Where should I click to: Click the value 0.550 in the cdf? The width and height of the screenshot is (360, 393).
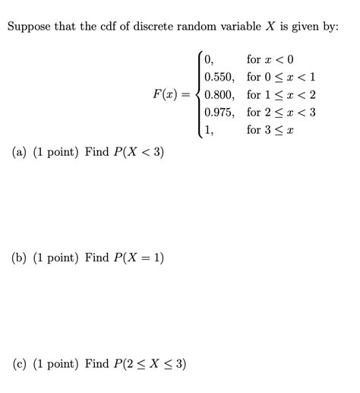219,77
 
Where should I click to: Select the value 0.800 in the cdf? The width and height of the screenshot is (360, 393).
219,95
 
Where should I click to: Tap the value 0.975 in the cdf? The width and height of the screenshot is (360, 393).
219,113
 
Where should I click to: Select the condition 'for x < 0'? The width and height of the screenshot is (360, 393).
270,59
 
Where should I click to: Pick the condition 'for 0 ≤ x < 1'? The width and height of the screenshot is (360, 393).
281,77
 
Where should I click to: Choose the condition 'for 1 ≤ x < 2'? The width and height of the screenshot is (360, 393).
281,95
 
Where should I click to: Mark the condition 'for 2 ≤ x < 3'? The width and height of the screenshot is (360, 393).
281,113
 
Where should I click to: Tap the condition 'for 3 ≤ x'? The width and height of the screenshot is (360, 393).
270,130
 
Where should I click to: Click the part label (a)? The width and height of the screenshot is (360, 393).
21,152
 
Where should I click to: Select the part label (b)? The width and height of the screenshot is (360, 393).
21,258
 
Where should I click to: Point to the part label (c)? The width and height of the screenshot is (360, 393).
21,363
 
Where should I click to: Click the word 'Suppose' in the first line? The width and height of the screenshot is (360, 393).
30,27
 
